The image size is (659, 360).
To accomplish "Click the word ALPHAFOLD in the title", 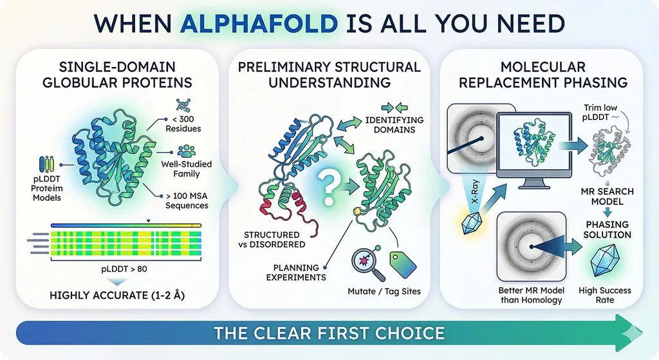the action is point(259,23).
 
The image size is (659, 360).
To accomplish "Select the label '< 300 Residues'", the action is point(183,124).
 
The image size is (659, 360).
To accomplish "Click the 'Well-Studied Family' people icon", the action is point(186,151).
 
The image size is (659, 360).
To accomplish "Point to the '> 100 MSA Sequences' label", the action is point(187,200).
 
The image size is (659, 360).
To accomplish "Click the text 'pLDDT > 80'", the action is point(124,269).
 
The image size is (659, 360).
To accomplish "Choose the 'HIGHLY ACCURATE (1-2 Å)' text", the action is point(117,295).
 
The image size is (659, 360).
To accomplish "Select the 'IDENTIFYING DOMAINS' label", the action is point(394,125).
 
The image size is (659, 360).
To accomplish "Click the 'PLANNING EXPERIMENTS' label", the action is point(296,272).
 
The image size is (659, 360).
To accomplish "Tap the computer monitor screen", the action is point(534,144).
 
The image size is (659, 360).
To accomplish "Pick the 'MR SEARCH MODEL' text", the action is point(608,196).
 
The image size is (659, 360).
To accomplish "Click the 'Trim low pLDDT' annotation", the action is point(600,112).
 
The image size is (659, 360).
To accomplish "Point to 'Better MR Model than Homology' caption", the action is point(531,295).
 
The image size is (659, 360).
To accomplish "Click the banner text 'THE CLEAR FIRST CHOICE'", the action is point(329,333).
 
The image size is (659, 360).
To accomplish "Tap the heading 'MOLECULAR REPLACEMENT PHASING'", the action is point(543,75).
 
